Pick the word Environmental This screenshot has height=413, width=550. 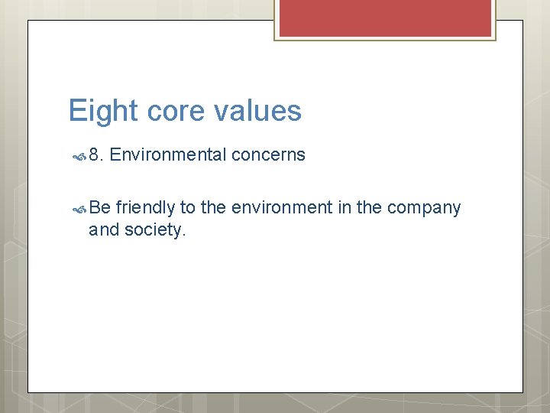coord(168,155)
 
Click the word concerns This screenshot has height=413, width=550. coord(268,155)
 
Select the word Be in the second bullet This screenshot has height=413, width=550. coord(99,208)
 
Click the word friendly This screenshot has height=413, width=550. coord(145,208)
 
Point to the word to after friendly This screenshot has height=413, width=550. coord(188,208)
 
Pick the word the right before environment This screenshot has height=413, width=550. coord(213,208)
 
